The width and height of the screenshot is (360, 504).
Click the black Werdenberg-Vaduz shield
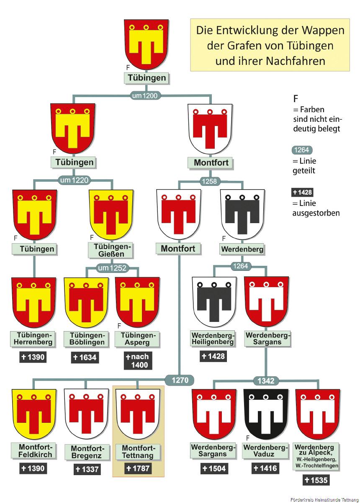point(266,414)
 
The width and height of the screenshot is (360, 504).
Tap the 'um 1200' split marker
point(144,96)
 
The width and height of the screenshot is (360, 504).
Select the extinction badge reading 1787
point(138,468)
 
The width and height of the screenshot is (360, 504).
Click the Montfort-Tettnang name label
point(138,452)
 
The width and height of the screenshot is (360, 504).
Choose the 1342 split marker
point(266,381)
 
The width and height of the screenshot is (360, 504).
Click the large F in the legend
point(296,99)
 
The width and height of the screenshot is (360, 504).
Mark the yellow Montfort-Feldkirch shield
point(34,414)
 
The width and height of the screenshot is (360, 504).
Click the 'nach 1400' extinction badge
point(137,361)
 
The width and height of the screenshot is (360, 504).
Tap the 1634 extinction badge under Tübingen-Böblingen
point(85,357)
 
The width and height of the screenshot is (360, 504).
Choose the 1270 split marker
point(180,380)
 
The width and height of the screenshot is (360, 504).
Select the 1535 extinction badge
point(316,480)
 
